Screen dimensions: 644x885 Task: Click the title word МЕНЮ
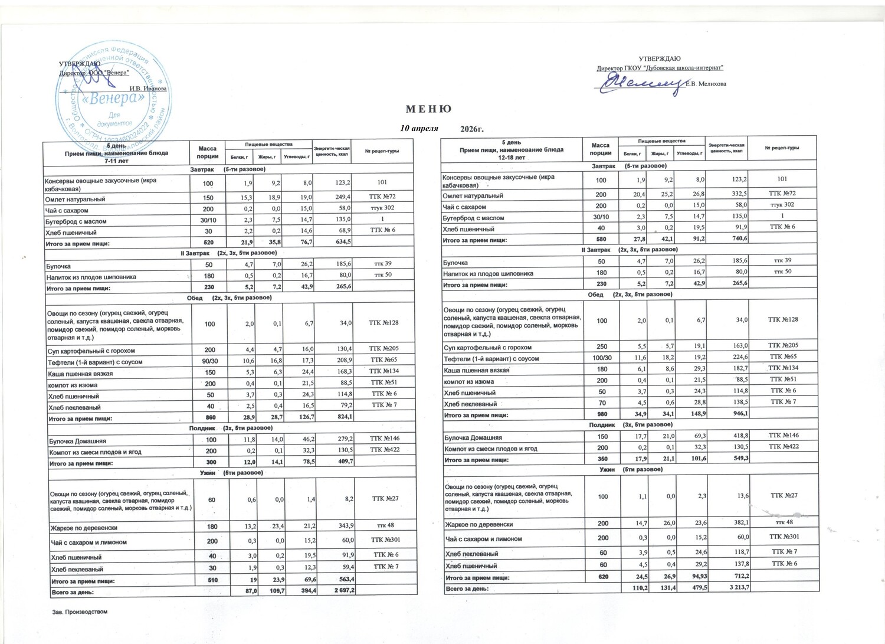(x=428, y=109)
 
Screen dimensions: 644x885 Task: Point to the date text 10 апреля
(x=419, y=128)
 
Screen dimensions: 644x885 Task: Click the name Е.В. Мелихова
(x=706, y=83)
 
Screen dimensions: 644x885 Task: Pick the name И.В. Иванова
(x=148, y=89)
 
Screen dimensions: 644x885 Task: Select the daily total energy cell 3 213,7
(x=736, y=588)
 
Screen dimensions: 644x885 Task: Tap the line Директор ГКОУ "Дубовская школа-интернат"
(x=660, y=68)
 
